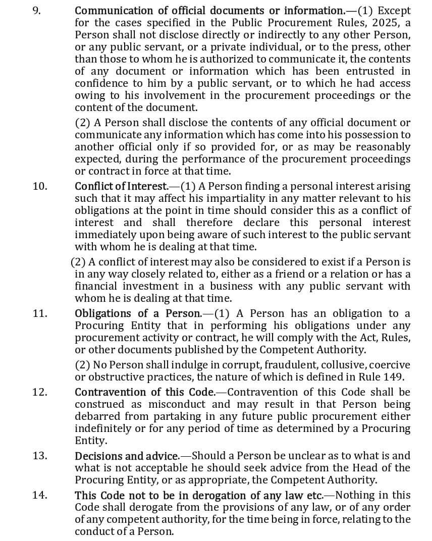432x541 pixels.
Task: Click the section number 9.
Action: tap(37, 11)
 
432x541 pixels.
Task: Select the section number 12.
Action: tap(40, 392)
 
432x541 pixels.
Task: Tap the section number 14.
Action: tap(40, 495)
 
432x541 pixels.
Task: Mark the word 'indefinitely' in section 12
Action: tap(103, 428)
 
